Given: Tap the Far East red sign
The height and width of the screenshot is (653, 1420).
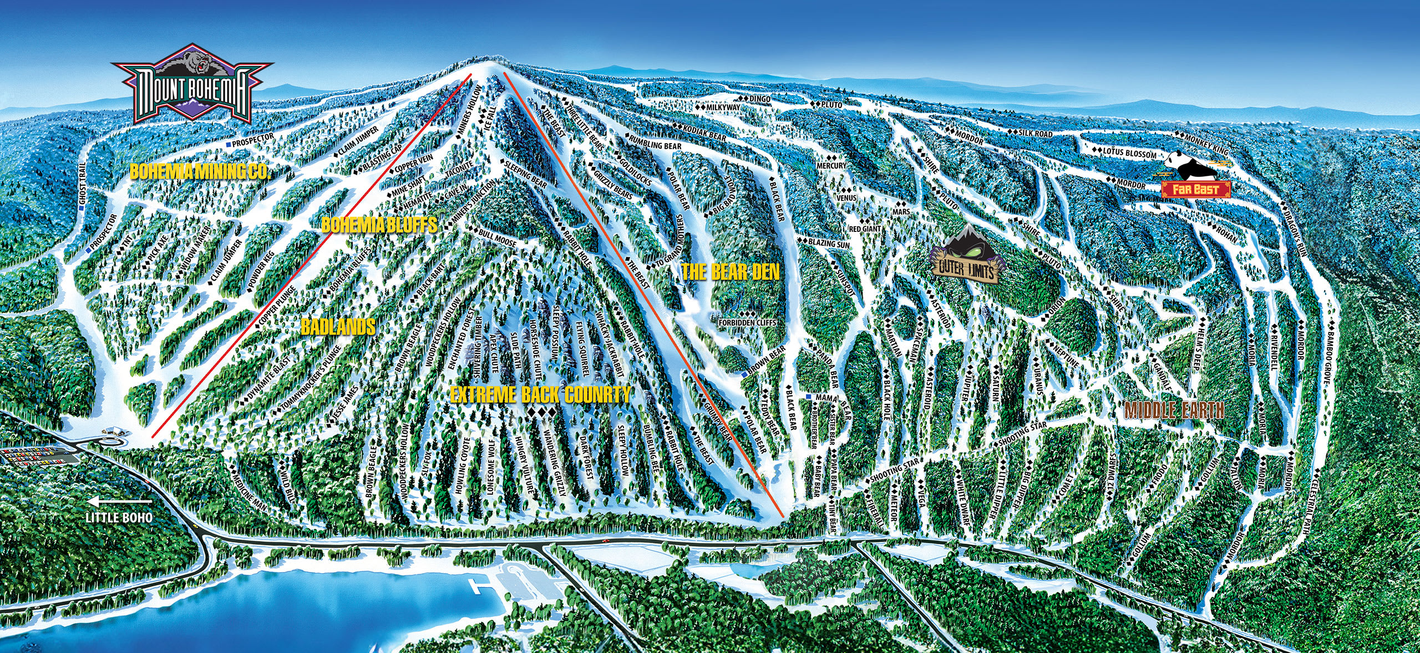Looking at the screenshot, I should click(1195, 190).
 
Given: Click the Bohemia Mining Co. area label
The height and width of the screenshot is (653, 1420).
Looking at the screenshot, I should click(200, 171).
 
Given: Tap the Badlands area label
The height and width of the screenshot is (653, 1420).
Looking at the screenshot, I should click(338, 327).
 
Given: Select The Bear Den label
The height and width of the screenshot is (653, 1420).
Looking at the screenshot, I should click(730, 272).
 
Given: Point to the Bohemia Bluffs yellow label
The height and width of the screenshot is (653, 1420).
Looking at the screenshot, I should click(379, 225).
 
